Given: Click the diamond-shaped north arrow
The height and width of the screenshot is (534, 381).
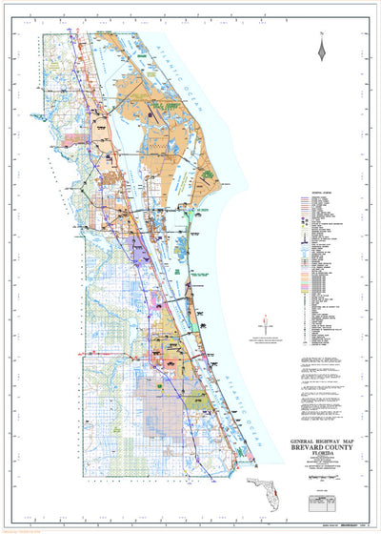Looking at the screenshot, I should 324,52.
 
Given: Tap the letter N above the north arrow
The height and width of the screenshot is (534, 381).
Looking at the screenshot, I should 324,35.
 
